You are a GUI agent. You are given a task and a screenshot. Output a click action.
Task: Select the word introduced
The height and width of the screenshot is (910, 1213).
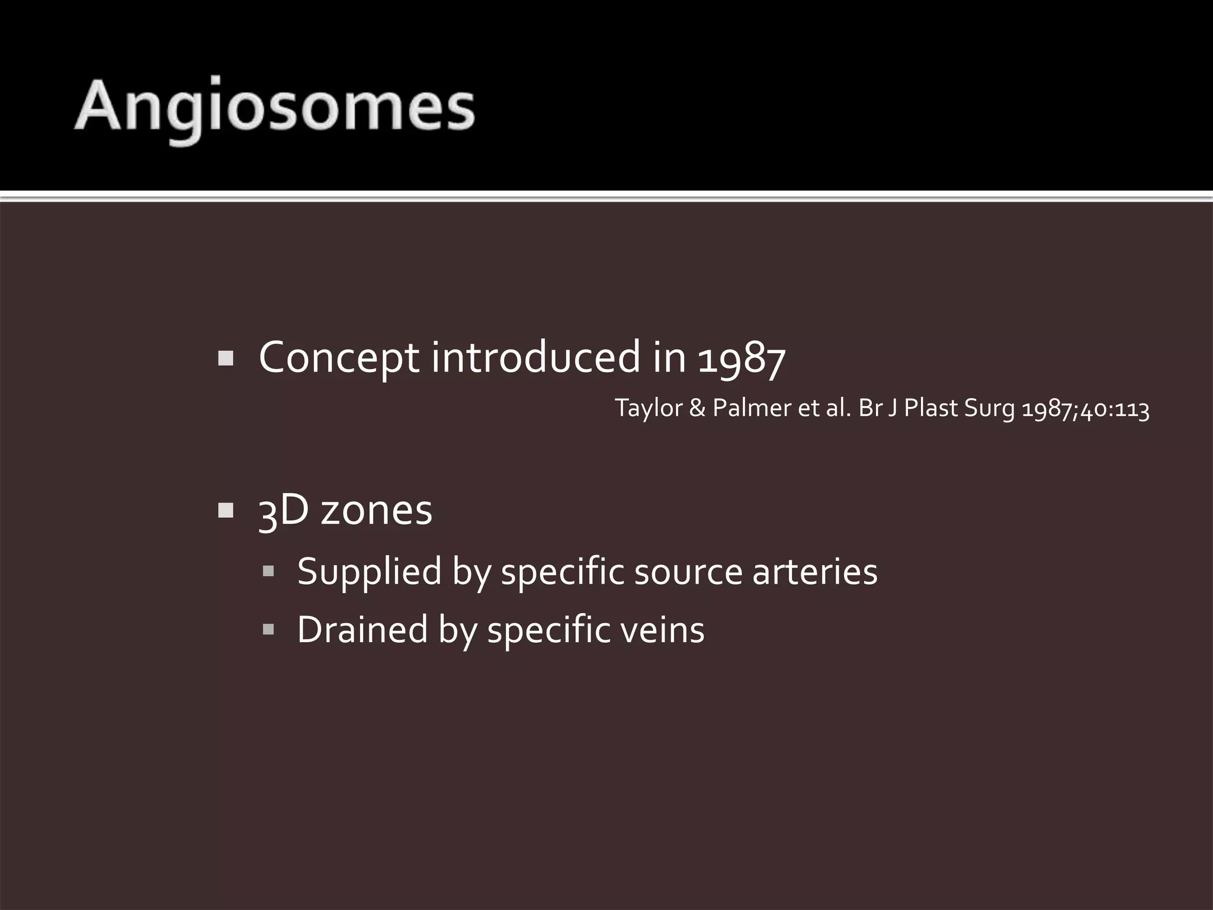coord(536,358)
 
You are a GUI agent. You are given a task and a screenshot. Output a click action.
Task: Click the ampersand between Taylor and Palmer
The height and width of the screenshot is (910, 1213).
coord(697,409)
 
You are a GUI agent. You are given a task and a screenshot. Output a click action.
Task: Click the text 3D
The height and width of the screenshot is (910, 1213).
coord(284,511)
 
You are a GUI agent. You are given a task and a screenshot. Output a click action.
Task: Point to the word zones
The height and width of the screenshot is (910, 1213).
coord(377,511)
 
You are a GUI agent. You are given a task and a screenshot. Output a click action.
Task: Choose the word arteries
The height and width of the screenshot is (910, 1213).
coord(815,572)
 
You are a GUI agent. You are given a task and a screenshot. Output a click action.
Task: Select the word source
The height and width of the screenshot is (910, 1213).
coord(688,572)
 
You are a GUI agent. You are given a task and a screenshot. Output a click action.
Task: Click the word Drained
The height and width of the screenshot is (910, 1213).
coord(362,629)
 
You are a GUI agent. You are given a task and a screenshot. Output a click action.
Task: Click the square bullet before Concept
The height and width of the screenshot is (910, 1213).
coord(226,358)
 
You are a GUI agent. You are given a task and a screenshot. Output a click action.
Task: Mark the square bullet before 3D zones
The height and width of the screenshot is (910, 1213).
coord(226,511)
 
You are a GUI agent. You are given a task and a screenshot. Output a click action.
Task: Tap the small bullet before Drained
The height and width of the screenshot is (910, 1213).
coord(268,629)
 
